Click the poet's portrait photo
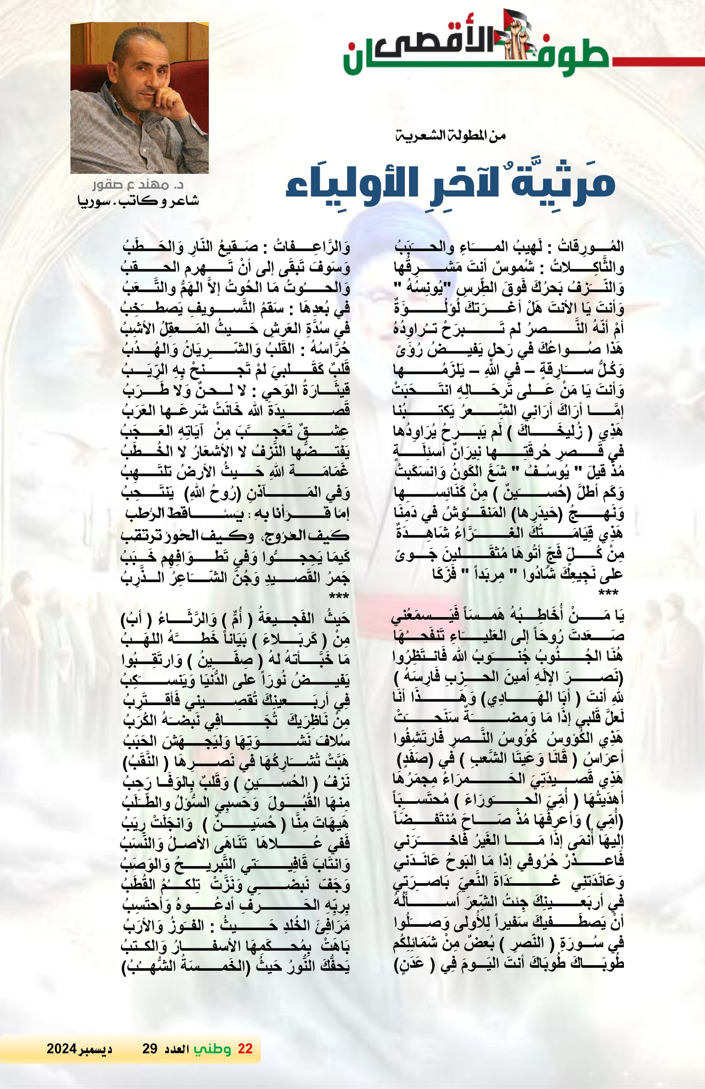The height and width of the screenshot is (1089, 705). [x=140, y=97]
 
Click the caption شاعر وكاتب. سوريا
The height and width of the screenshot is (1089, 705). [x=139, y=201]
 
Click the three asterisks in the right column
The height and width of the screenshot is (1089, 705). [x=609, y=594]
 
